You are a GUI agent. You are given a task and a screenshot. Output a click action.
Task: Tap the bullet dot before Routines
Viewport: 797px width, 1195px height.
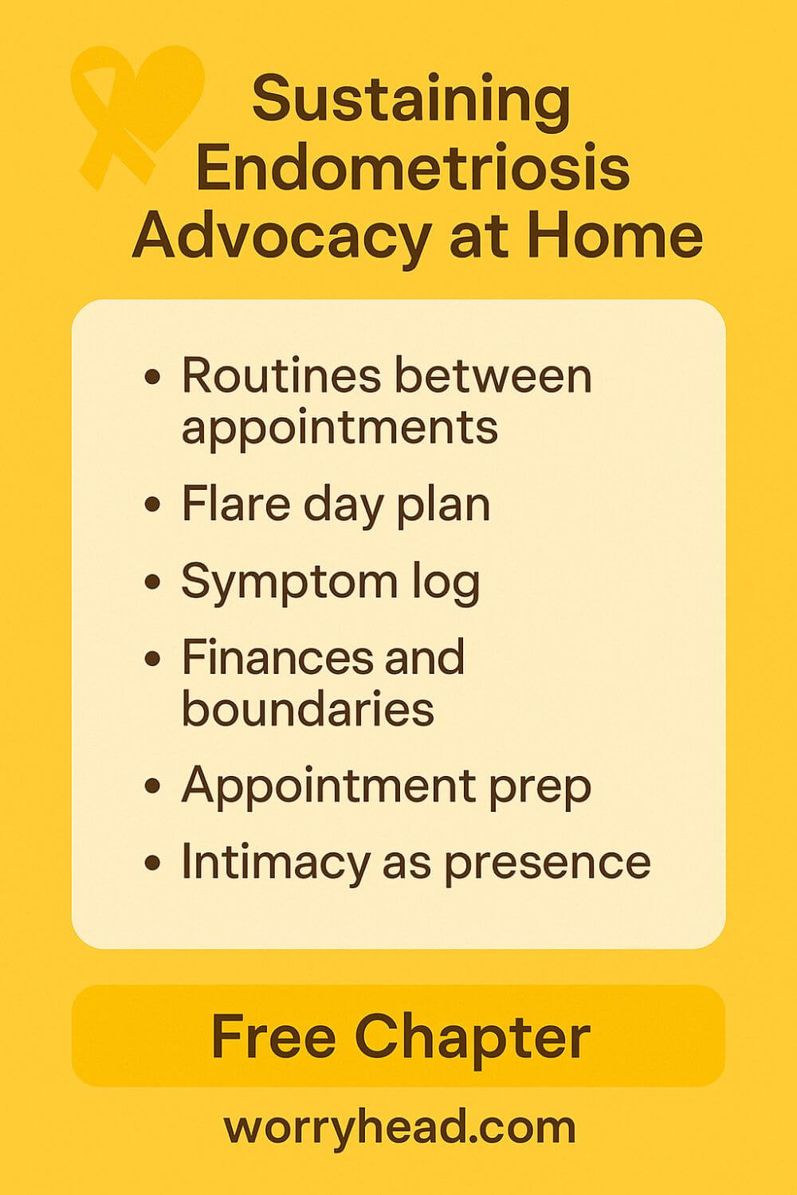[153, 377]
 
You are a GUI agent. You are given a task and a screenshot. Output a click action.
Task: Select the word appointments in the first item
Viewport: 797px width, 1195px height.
[340, 427]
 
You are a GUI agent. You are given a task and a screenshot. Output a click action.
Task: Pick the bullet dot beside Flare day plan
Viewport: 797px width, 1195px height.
[153, 504]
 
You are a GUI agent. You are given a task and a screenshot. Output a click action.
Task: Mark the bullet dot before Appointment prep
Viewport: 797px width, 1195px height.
[153, 787]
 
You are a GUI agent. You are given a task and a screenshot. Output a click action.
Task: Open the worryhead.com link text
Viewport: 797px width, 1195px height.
[399, 1126]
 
